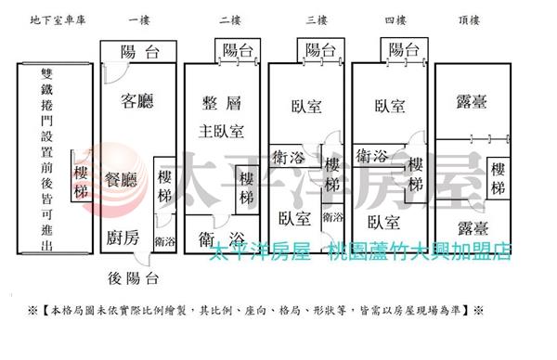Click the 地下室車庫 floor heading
tap(58, 19)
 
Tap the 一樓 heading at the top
tap(139, 19)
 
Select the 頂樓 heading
tap(469, 19)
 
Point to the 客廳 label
tap(137, 101)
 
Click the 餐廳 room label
tap(121, 180)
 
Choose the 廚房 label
tap(123, 238)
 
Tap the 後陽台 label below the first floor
tap(133, 278)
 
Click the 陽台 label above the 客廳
tap(139, 52)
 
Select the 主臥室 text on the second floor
tap(221, 132)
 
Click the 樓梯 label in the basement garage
tap(81, 182)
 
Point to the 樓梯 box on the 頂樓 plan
tap(498, 178)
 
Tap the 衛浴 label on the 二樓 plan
tap(222, 239)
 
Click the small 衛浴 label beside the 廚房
tap(165, 242)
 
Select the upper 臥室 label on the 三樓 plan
tap(306, 106)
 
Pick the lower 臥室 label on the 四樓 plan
tap(383, 223)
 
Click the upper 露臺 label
tap(472, 101)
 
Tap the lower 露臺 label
tap(473, 228)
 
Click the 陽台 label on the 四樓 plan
tap(404, 50)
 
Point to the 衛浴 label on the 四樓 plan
tap(371, 156)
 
